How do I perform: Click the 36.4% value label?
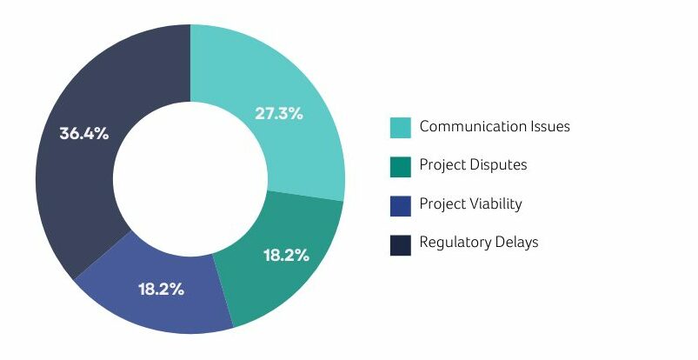click(83, 134)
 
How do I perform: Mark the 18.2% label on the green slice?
click(287, 255)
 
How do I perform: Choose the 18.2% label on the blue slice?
click(161, 290)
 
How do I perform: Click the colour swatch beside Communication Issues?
click(401, 128)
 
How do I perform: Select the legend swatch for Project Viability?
click(401, 206)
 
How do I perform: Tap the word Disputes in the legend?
click(498, 165)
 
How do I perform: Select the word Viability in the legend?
click(495, 204)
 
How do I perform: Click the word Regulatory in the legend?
click(455, 243)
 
